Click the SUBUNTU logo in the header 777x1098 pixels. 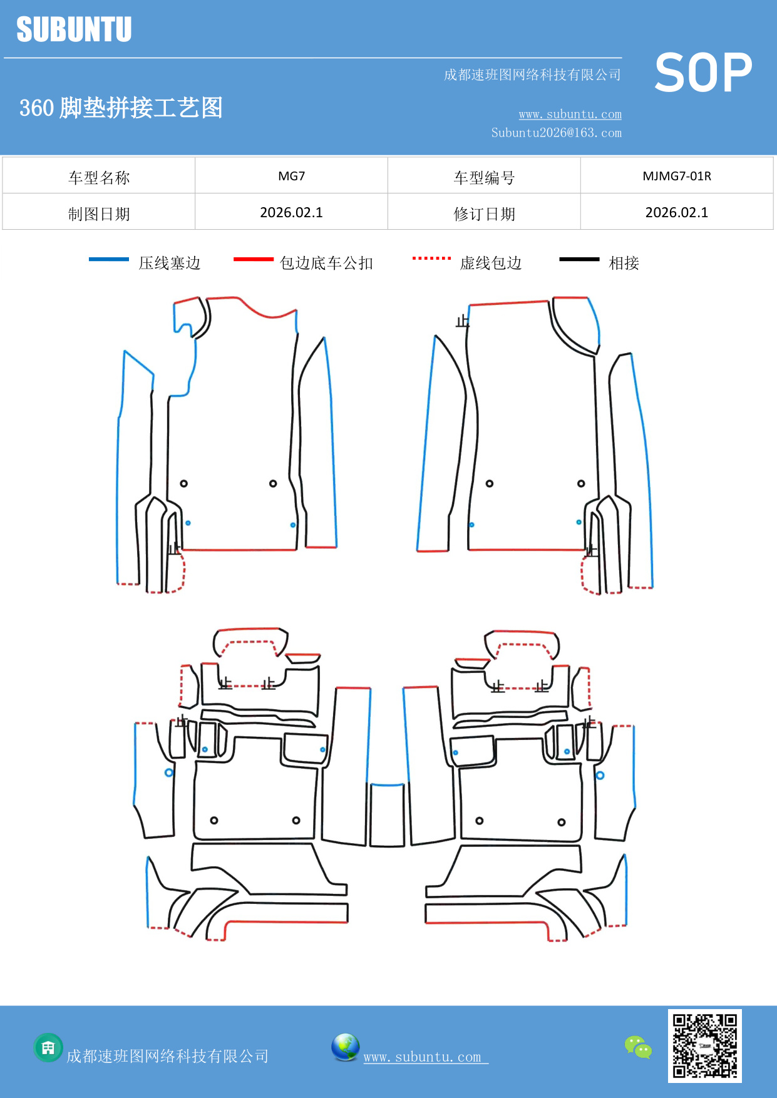point(74,29)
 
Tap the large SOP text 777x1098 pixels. point(703,73)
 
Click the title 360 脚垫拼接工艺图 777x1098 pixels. point(121,108)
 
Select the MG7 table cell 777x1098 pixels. point(291,176)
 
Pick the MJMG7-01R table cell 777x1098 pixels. point(677,176)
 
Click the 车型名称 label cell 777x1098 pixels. point(99,178)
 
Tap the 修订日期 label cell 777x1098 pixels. point(484,214)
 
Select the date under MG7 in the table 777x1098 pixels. point(291,212)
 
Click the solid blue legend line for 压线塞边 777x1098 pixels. point(109,259)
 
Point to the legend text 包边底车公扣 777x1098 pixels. point(326,263)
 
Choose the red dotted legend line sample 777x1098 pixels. point(431,258)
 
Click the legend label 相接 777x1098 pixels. point(624,263)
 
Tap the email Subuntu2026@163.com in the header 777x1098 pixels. point(556,133)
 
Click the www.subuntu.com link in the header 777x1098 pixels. point(570,114)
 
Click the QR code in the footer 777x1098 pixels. point(704,1045)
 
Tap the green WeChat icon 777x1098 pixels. point(638,1047)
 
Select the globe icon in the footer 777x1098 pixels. point(345,1047)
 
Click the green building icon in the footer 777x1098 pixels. point(48,1047)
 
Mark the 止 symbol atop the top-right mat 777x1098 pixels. point(463,321)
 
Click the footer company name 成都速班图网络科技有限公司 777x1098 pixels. point(167,1056)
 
